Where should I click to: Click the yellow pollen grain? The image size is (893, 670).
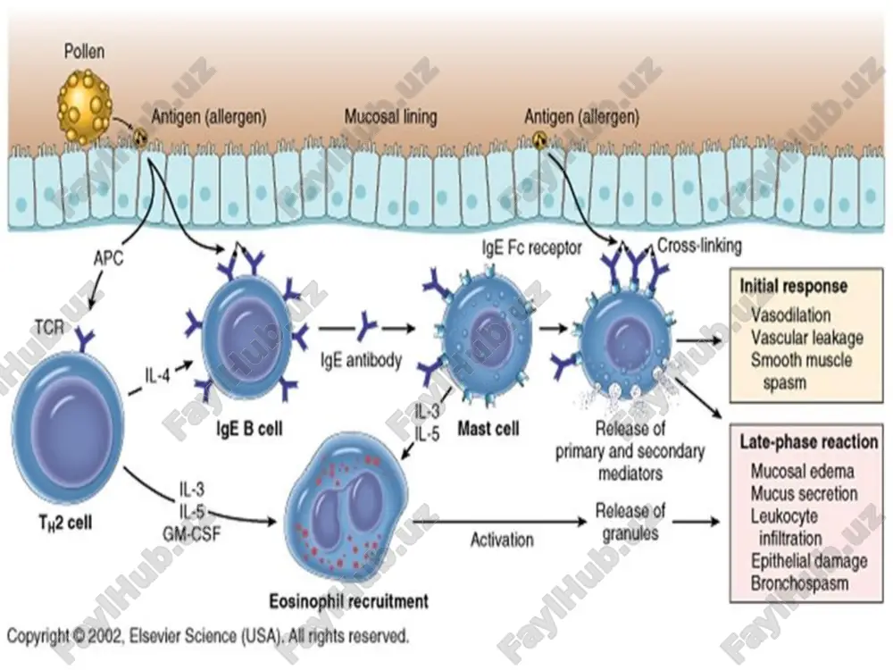coord(85,106)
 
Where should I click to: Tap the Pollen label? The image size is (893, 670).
coord(84,51)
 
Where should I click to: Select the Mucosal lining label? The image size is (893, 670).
coord(391,117)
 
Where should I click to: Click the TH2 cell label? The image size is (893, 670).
coord(65,523)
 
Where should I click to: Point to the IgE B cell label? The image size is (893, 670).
coord(249,429)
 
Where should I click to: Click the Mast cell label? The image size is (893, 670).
coord(488,429)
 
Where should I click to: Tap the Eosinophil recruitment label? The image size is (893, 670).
coord(348,601)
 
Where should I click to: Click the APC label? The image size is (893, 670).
coord(108,258)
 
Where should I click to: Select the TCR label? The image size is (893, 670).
coord(49,327)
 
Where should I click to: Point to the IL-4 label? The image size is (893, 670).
coord(157,375)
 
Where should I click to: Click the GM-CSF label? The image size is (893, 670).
coord(191,533)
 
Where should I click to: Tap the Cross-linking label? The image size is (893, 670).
coord(699,246)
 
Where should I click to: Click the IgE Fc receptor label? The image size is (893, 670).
coord(532,247)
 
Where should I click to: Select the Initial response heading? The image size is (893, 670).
coord(793,286)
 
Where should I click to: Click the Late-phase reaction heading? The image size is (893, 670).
coord(809,441)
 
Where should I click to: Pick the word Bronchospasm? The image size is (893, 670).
coord(799,583)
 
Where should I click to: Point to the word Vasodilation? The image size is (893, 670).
coord(790,315)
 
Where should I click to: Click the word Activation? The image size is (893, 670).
coord(502,540)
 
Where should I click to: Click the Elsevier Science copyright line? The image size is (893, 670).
coord(208,636)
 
